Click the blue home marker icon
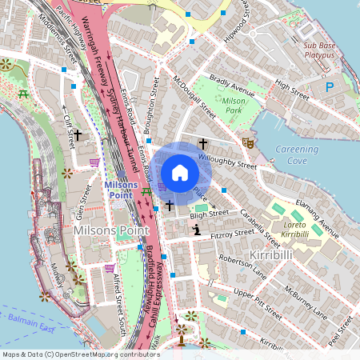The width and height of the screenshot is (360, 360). tap(180, 173)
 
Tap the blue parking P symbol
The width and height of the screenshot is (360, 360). tap(329, 86)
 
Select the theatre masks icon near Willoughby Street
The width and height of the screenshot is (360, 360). tap(248, 142)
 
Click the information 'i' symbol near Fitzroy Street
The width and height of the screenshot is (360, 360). tap(196, 230)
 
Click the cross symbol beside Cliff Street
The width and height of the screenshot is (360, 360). tap(78, 137)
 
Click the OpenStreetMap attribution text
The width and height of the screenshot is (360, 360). tap(80, 354)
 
